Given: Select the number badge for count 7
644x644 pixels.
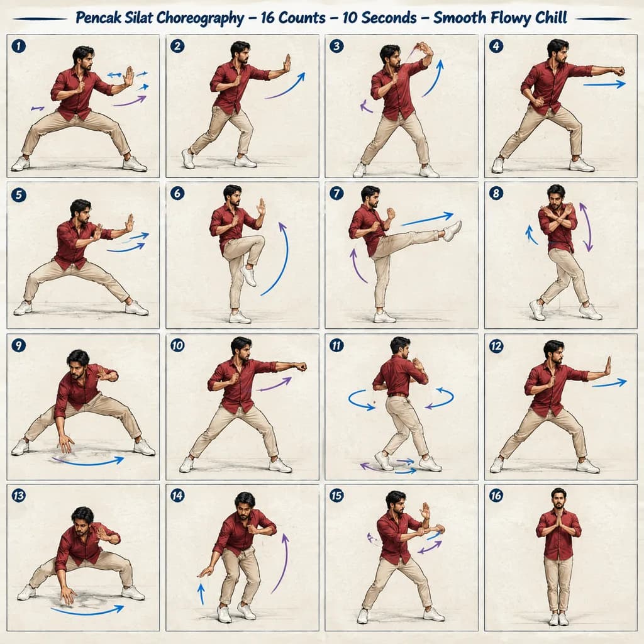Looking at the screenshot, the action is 336,193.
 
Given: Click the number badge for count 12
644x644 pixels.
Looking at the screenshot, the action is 496,346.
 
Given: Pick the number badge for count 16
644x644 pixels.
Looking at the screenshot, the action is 496,496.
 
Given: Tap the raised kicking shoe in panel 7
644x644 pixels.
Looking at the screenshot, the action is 453,230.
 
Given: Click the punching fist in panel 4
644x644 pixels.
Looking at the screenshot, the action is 618,70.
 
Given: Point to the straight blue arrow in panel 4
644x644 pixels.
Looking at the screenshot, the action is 604,85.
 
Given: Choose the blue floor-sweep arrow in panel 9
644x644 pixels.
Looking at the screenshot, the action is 88,462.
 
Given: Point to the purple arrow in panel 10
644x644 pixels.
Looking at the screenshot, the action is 274,384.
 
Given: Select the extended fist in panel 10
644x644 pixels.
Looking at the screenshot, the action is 301,367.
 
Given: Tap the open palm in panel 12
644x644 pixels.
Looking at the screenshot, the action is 607,367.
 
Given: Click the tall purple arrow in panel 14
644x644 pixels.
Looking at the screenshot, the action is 281,563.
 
